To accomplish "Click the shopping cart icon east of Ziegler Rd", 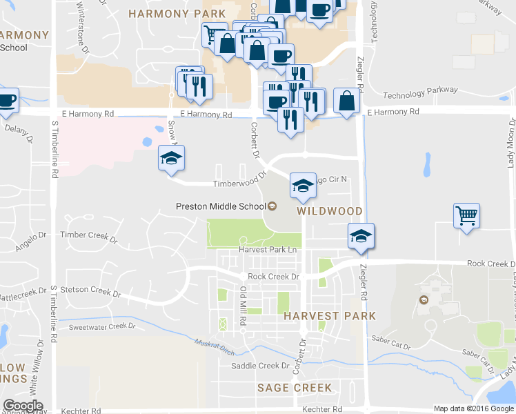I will click(x=467, y=216).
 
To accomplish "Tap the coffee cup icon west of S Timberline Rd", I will click(x=6, y=101).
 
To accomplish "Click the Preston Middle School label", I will click(x=220, y=206).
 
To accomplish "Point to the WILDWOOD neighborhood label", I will click(x=330, y=210).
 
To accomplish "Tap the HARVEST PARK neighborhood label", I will click(x=330, y=315).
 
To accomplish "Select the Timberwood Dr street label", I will click(x=234, y=184).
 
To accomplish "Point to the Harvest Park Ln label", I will click(x=268, y=249).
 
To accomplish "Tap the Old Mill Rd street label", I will click(x=242, y=304).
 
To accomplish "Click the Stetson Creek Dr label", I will click(x=90, y=291).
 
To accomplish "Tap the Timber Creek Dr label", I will click(x=89, y=235).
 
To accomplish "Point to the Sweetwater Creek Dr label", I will click(x=102, y=326).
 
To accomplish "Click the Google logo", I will click(x=23, y=406).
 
